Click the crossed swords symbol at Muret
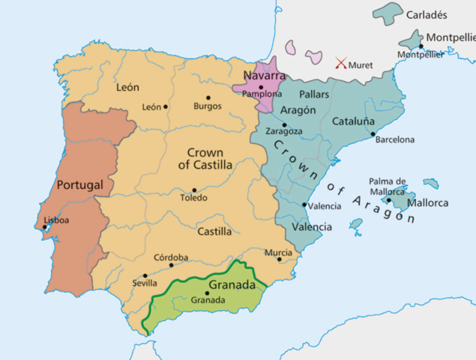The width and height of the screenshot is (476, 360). (342, 64)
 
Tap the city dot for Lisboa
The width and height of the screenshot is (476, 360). (45, 227)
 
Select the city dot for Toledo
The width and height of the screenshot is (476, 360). (194, 190)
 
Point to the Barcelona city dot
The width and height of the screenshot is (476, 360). (373, 134)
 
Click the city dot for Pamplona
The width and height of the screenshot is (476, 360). (260, 88)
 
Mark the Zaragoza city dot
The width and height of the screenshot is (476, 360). (284, 124)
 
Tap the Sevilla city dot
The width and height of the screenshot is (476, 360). (145, 275)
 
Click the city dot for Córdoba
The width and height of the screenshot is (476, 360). (171, 265)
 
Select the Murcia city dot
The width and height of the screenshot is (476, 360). (279, 259)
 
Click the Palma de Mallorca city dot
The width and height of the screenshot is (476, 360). (389, 199)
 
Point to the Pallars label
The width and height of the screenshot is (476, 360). (314, 95)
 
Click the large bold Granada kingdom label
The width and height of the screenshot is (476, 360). (234, 285)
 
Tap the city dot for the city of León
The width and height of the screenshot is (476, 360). (166, 106)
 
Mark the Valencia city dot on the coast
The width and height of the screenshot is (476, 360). (304, 205)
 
